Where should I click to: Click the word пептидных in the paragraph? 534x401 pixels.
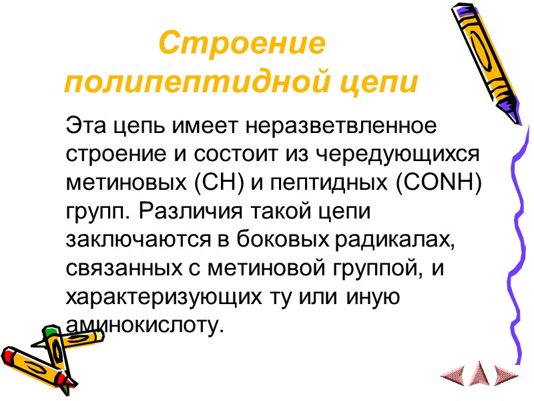322,181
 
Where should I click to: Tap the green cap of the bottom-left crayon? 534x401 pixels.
50,331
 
